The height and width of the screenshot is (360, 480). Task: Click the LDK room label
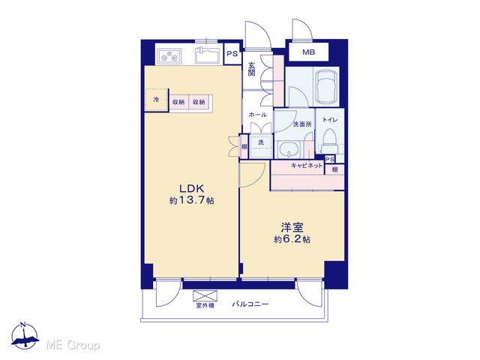(x=191, y=187)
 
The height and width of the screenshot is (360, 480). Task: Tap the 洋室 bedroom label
(x=292, y=227)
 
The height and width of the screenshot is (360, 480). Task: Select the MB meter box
(x=308, y=52)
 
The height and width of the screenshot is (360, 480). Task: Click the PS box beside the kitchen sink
(x=232, y=54)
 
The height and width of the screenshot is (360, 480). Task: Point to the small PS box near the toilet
(x=330, y=159)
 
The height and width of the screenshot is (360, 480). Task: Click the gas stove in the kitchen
(x=169, y=56)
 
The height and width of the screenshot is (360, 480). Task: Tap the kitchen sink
(x=207, y=55)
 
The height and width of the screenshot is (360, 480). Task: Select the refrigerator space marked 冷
(x=157, y=100)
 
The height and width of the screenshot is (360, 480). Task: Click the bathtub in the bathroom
(x=327, y=87)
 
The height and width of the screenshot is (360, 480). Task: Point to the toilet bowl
(x=330, y=140)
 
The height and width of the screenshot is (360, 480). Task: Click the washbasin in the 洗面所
(x=289, y=150)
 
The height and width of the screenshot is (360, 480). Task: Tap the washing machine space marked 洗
(x=261, y=146)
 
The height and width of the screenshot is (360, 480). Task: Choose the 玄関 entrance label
(x=252, y=69)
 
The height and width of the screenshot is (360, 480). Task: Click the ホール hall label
(x=257, y=115)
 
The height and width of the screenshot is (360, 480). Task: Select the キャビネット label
(x=307, y=166)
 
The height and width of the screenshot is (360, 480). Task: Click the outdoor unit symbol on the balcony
(x=205, y=295)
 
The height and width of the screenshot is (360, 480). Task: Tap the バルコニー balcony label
(x=250, y=304)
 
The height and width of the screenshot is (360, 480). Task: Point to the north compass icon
(x=25, y=336)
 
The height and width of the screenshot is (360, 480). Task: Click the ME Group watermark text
(x=73, y=345)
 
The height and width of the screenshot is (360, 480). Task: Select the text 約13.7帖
(x=192, y=200)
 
